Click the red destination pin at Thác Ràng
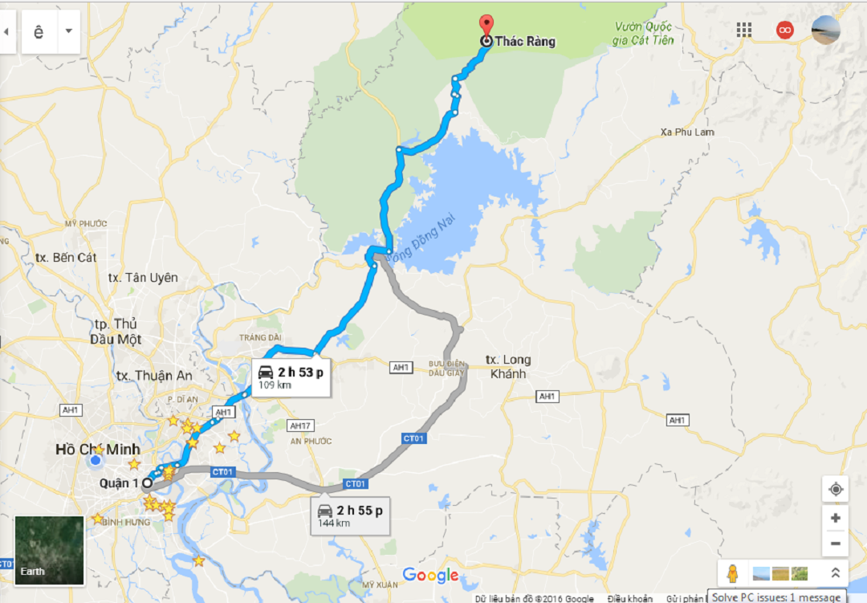pos(486,25)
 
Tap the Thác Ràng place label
pos(526,41)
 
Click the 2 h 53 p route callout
pos(290,377)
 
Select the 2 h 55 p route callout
pos(350,515)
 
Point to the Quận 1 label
pos(119,483)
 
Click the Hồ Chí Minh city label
pos(97,449)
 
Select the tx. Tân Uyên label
pos(143,278)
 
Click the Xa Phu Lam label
pos(686,132)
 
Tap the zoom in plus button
pos(835,518)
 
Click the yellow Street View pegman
pos(732,573)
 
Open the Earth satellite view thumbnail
pos(49,550)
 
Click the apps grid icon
pos(744,30)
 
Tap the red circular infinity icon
pos(784,30)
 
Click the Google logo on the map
pos(430,575)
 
